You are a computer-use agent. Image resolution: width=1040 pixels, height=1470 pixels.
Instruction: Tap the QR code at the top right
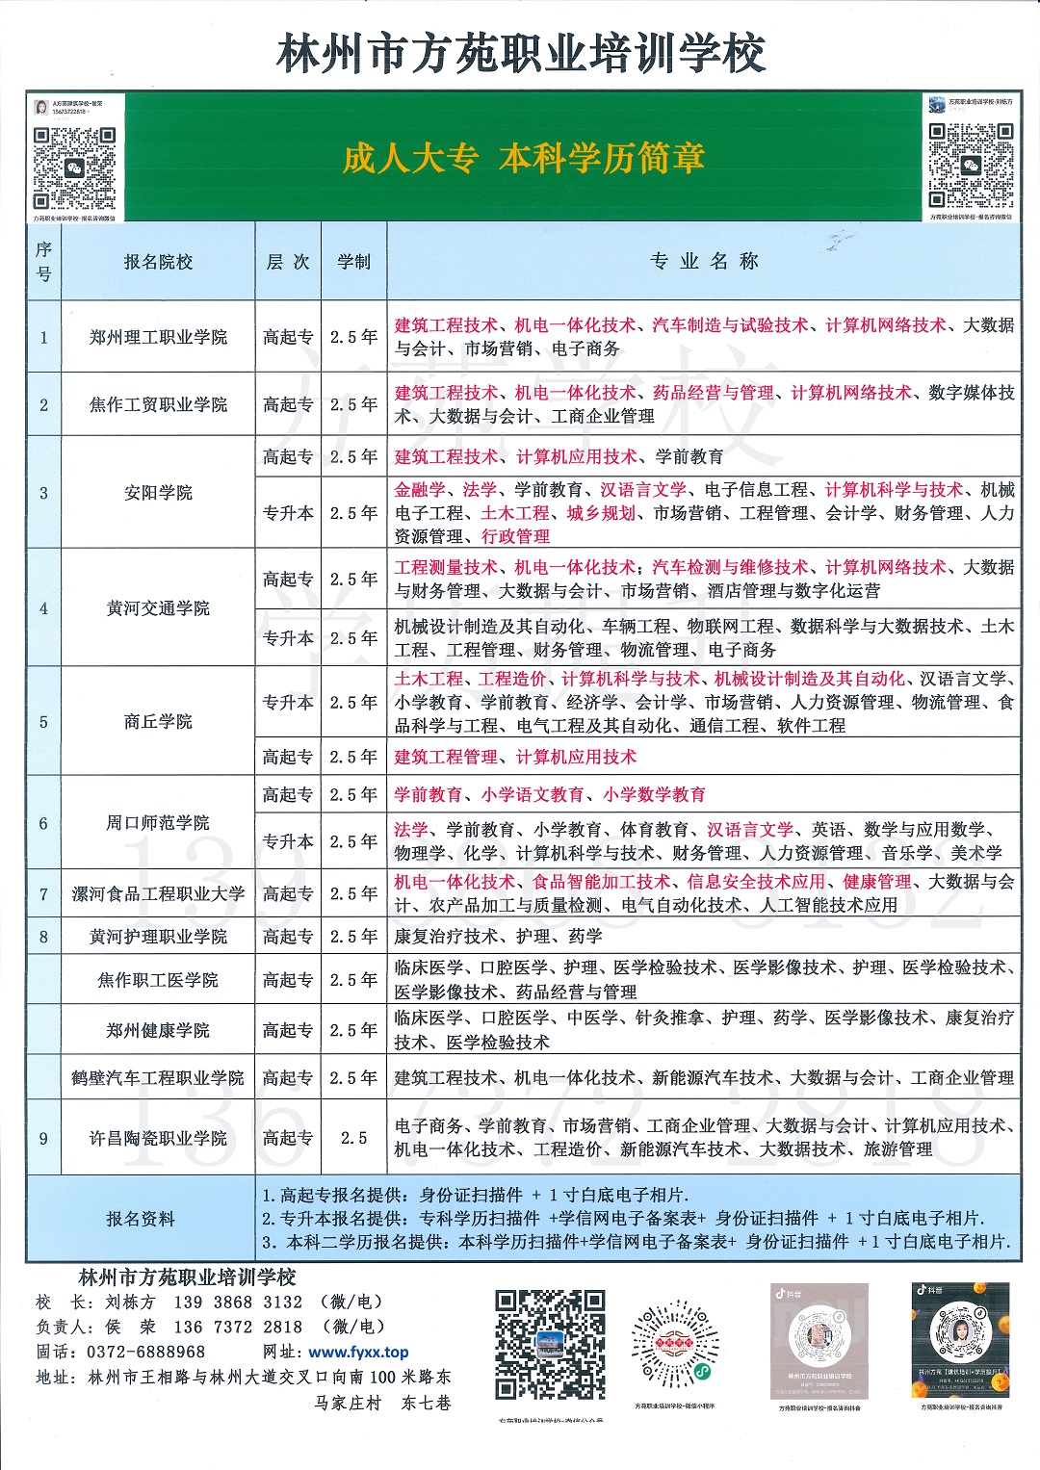coord(971,165)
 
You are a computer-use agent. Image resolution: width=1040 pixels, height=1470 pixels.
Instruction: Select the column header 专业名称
coord(704,262)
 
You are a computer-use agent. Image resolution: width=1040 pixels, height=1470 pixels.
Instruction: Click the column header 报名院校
coord(158,262)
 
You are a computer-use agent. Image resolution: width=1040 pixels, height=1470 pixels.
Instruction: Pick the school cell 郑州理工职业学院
coord(158,337)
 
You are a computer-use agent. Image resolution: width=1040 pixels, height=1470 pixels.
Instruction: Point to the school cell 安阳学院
coord(158,493)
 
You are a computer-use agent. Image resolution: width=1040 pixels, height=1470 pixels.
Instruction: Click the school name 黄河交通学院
coord(158,608)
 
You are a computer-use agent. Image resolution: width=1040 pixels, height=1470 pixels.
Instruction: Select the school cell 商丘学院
coord(158,721)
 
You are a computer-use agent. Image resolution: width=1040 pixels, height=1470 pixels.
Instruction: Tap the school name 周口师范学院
coord(158,823)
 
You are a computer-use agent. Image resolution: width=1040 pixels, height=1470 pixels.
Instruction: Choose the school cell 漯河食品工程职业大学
coord(158,893)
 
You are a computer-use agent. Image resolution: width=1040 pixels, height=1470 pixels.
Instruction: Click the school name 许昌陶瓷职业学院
coord(158,1138)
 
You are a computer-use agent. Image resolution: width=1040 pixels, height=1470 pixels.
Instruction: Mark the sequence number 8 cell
coord(43,937)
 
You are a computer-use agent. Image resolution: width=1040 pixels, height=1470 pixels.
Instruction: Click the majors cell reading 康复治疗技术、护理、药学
coord(498,937)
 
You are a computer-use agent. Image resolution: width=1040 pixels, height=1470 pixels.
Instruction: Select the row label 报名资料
coord(141,1219)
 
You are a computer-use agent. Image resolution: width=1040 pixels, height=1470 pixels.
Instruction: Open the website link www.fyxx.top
coord(358,1353)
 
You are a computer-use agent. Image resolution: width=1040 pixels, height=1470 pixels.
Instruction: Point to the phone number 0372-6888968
coord(145,1353)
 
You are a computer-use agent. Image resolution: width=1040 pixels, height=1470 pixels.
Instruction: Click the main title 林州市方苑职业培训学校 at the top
coord(520,53)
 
